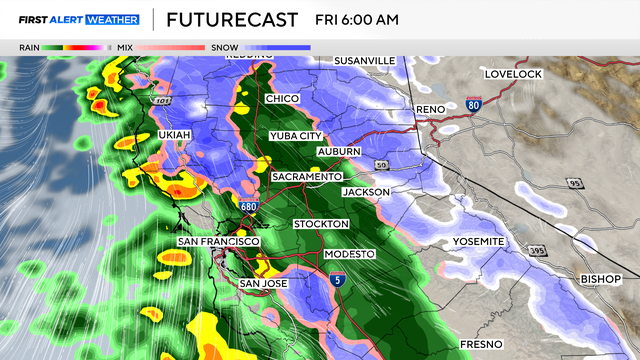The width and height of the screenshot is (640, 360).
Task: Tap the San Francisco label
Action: (x=219, y=242)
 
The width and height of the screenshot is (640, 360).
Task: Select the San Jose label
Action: (x=264, y=284)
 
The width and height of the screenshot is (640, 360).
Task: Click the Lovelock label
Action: (x=512, y=74)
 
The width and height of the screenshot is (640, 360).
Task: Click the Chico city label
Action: (x=283, y=99)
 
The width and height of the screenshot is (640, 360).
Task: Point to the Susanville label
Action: (x=365, y=61)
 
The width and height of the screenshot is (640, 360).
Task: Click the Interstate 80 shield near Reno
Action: (x=473, y=104)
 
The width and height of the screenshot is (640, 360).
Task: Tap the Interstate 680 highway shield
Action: (x=249, y=205)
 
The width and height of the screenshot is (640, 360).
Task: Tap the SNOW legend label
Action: (x=223, y=46)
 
